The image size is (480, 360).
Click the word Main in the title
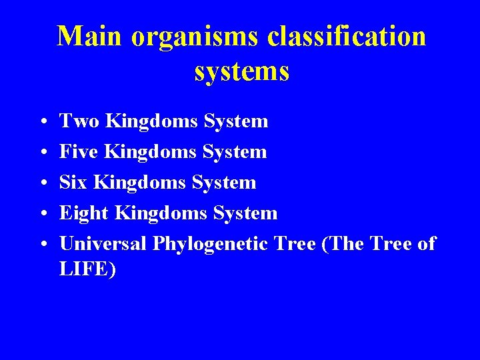(x=90, y=37)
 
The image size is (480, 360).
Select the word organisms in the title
(x=195, y=37)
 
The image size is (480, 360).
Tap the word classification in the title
(x=347, y=37)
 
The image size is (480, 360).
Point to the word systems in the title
(x=242, y=71)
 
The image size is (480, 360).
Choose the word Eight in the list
(x=85, y=213)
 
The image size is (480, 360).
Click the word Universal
(x=103, y=244)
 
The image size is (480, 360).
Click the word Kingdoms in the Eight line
(x=162, y=214)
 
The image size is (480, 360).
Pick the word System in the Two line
(x=236, y=122)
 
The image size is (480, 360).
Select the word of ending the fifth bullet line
(x=427, y=244)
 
